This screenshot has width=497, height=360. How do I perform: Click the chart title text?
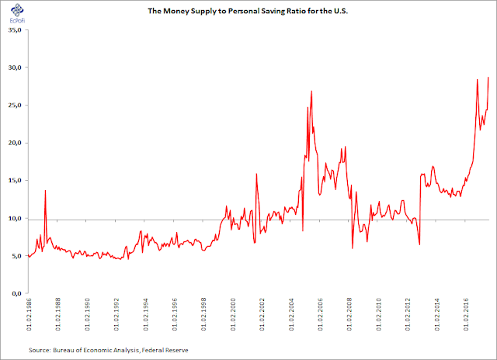248,11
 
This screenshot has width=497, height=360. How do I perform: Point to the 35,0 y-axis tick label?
15,30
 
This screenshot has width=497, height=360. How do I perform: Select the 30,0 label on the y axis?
15,67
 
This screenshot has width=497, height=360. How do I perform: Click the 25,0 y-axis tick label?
15,105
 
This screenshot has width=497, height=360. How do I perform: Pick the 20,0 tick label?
15,143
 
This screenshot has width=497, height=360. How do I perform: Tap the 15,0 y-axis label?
15,181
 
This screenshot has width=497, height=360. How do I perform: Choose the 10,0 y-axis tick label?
15,218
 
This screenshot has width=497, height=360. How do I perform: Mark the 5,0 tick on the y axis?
16,256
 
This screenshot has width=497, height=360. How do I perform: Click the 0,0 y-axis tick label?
16,293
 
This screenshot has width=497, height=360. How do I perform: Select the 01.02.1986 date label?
29,314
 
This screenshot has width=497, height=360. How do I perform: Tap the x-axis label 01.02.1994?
145,314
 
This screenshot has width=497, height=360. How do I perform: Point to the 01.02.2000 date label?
233,314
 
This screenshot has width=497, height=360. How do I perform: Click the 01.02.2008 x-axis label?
349,314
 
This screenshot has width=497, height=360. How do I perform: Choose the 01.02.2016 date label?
466,314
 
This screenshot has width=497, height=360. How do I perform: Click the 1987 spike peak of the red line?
45,191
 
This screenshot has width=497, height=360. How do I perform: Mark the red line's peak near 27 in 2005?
311,92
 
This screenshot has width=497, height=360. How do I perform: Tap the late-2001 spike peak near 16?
256,174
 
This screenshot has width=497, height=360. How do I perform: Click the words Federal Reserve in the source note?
165,350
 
